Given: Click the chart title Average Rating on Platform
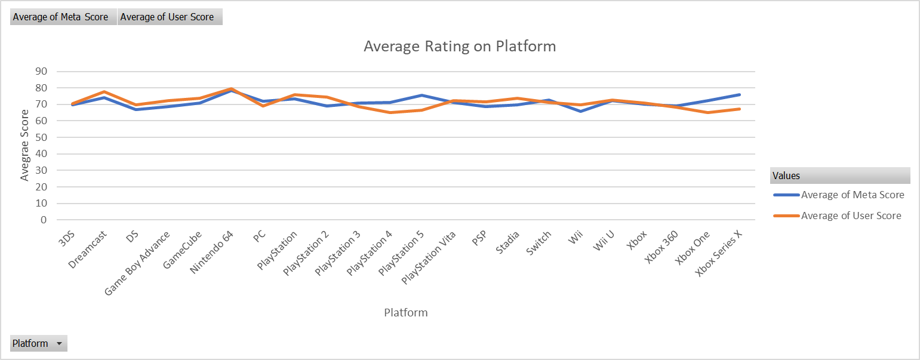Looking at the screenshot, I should click(460, 47).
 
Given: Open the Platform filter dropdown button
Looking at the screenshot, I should click(59, 343).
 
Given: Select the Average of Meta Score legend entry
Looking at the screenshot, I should click(852, 195).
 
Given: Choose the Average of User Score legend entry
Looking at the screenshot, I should click(851, 216).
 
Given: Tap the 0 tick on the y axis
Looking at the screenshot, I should click(44, 220).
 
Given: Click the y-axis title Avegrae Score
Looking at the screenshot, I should click(24, 145).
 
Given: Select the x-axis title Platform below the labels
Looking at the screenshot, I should click(405, 312).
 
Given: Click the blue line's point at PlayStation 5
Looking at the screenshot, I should click(421, 95).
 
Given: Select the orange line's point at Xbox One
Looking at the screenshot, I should click(708, 112).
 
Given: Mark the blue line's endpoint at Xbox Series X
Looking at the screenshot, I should click(740, 94).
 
